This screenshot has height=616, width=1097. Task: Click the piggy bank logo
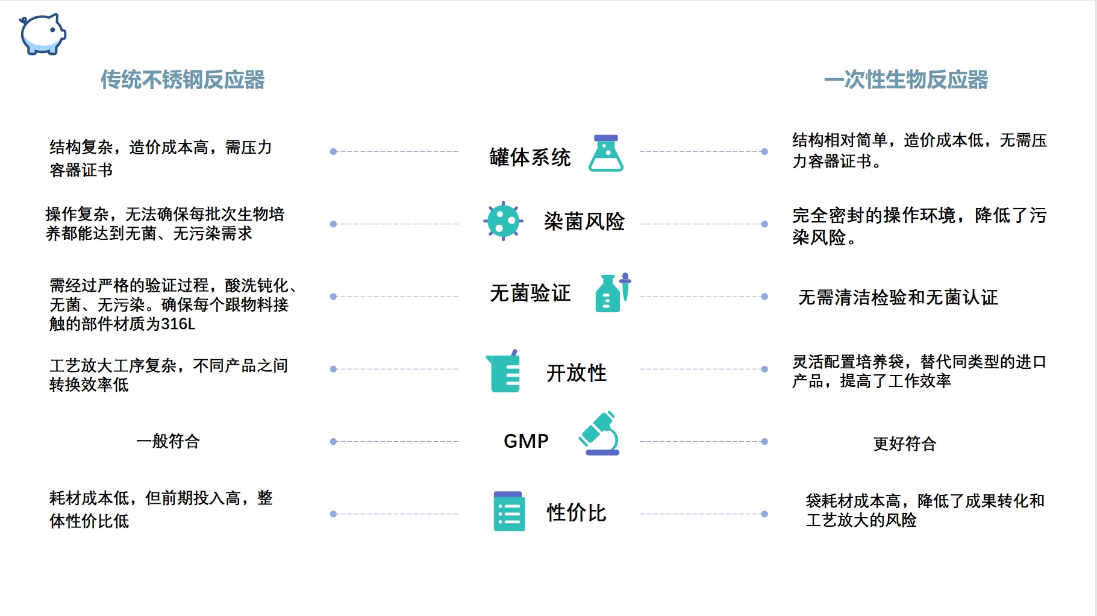click(x=42, y=34)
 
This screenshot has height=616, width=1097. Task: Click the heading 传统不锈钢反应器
click(x=183, y=80)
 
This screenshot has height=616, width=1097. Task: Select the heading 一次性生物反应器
click(x=905, y=80)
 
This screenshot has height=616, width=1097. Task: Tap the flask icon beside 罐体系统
click(x=606, y=153)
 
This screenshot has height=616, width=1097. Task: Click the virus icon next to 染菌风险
click(x=503, y=221)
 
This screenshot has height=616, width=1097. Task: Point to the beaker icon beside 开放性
click(x=503, y=371)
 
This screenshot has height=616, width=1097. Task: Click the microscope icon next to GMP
click(x=599, y=433)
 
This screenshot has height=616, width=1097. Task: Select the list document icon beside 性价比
click(x=509, y=511)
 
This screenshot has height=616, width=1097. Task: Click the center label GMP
click(x=526, y=441)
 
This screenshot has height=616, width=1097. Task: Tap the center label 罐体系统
click(x=530, y=157)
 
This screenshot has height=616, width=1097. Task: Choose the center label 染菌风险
click(x=584, y=221)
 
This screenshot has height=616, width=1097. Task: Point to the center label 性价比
click(x=577, y=513)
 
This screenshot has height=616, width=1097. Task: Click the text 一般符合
click(x=168, y=441)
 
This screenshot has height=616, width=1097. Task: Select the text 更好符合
click(x=905, y=444)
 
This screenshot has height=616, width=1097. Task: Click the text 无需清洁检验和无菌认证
click(x=898, y=297)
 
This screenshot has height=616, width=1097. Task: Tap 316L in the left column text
click(x=178, y=324)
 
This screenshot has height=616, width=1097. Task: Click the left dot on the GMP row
click(x=333, y=442)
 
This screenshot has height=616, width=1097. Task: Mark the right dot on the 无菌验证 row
click(x=764, y=297)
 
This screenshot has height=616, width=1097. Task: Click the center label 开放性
click(x=577, y=373)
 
